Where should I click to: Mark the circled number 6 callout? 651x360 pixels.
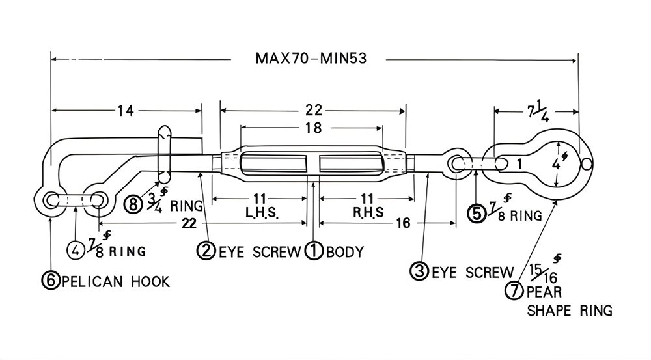50,281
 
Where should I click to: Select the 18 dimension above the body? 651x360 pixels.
313,128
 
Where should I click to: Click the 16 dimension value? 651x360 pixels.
402,223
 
